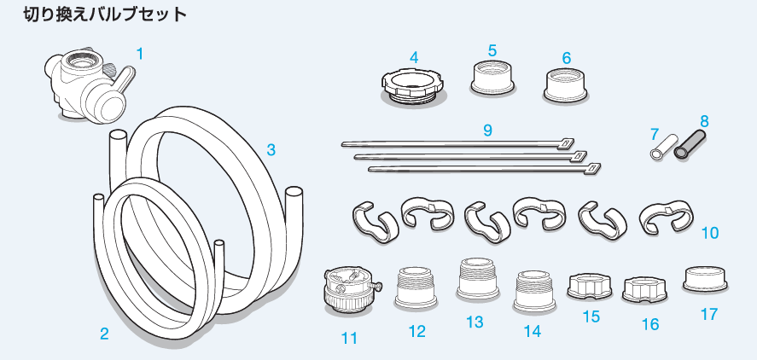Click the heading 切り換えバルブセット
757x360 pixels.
[x=105, y=15]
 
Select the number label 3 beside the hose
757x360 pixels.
[x=271, y=150]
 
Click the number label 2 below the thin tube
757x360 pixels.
[x=104, y=334]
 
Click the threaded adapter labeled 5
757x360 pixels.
[x=492, y=78]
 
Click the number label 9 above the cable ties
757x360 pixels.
[x=487, y=130]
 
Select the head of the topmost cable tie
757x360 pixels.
[x=567, y=142]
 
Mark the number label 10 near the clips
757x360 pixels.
[x=710, y=233]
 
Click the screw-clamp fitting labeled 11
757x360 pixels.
[x=350, y=289]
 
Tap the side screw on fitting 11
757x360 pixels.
[x=376, y=286]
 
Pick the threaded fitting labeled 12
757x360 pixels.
[x=416, y=287]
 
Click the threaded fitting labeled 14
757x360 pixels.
[x=534, y=291]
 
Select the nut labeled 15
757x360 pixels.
[x=591, y=286]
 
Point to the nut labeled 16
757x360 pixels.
[x=644, y=290]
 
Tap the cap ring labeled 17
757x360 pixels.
[x=705, y=280]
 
